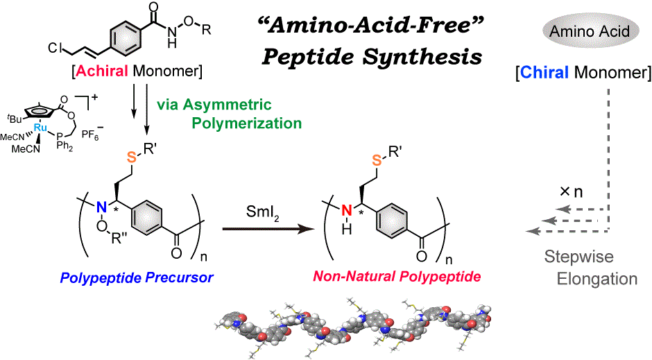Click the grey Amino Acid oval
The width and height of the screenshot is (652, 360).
(587, 32)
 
